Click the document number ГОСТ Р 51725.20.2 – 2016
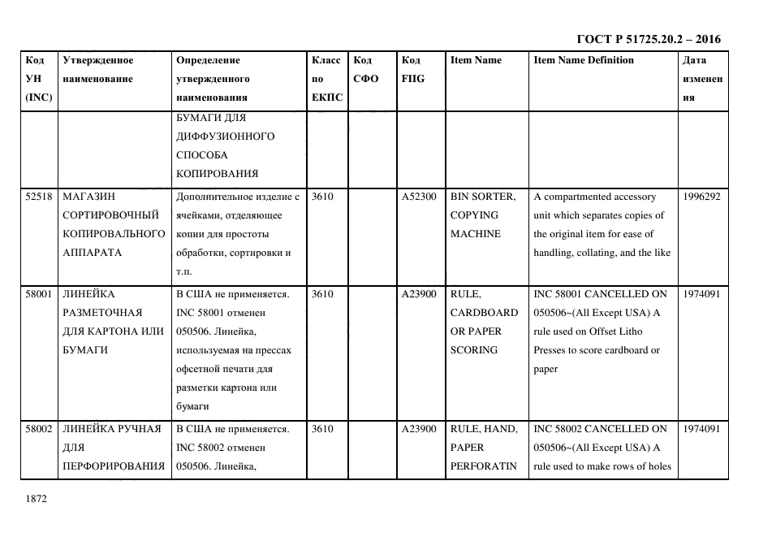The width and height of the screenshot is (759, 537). (x=648, y=40)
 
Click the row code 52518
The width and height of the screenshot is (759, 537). (x=39, y=197)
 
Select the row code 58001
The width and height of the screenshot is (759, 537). (x=39, y=294)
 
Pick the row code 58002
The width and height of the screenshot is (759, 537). (x=39, y=429)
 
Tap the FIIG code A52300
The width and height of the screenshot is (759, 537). (x=419, y=197)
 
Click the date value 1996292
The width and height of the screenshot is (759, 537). (x=701, y=197)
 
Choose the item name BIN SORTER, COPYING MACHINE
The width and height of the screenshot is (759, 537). (x=482, y=215)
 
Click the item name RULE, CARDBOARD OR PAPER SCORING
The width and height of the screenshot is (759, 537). (x=484, y=322)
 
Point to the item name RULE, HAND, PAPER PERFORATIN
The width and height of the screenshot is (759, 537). (x=484, y=448)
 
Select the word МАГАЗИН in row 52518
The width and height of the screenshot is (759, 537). (x=88, y=197)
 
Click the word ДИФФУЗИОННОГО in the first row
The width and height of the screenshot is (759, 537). (x=225, y=136)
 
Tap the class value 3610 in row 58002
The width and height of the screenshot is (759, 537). (x=322, y=429)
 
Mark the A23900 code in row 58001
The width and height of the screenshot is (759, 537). (x=419, y=294)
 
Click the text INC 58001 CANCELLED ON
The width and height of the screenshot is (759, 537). (x=600, y=294)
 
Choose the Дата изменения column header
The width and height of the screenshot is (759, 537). (x=701, y=79)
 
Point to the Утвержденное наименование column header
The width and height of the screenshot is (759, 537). (x=98, y=69)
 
